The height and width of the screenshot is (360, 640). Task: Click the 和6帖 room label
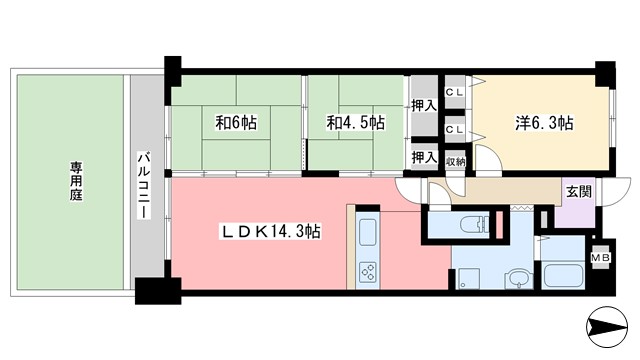point(236,124)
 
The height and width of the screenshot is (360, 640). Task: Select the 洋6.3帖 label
point(546,124)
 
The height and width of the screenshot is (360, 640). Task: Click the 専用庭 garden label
point(76,181)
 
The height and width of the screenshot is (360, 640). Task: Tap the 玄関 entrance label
point(578,192)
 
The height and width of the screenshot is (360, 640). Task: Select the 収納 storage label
point(455,161)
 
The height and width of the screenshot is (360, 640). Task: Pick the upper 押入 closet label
point(424,105)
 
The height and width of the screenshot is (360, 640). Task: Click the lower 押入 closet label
point(424,157)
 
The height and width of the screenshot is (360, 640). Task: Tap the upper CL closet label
point(455,92)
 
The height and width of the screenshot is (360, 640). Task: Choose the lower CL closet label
point(455,130)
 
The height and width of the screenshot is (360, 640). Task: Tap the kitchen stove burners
point(367,272)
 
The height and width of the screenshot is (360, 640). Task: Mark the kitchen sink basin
point(367,236)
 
